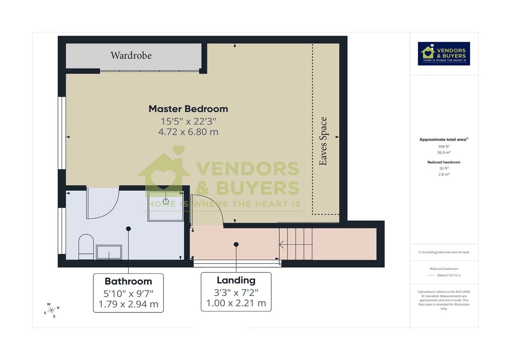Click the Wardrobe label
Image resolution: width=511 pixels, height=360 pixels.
(x=131, y=55)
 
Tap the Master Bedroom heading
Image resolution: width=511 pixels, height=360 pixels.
(x=188, y=109)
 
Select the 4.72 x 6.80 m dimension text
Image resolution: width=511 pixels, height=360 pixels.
(x=188, y=132)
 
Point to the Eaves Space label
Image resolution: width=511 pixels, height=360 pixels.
(x=324, y=141)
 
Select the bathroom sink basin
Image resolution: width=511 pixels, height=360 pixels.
(x=109, y=252)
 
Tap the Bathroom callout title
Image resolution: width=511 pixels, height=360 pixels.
(x=128, y=281)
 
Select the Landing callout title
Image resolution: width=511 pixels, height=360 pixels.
(x=236, y=280)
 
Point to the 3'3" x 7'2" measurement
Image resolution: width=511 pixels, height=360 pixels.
(x=236, y=292)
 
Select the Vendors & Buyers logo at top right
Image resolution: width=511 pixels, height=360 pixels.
(x=444, y=54)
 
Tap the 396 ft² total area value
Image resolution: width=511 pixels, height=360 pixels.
(x=444, y=146)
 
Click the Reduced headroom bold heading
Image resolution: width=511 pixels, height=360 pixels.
(x=444, y=162)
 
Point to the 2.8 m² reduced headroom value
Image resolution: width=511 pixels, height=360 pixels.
(x=444, y=174)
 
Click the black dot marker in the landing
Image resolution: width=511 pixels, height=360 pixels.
(x=236, y=244)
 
